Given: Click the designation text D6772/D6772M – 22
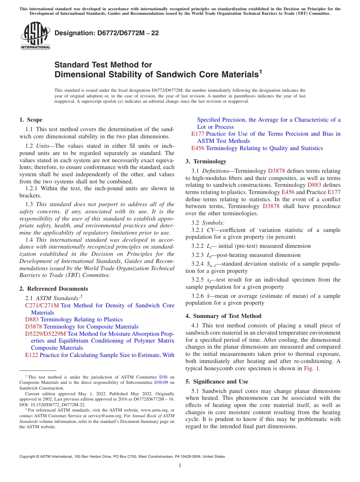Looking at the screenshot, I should point(106,33).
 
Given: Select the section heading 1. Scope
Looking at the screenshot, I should point(31,120).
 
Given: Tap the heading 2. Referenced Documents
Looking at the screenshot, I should point(54,289).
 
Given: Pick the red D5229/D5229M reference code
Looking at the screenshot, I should point(45,334).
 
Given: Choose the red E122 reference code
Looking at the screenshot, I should point(31,355).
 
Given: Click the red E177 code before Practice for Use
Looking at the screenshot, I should point(198,134).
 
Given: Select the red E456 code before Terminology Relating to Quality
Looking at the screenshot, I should point(198,148).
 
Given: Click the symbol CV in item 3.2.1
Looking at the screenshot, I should point(211,230).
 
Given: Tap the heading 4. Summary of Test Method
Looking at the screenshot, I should point(224,316).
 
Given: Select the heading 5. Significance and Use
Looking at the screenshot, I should point(217,382).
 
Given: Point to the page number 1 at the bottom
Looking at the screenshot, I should point(180,466).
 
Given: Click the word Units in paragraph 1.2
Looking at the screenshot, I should point(43,146).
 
